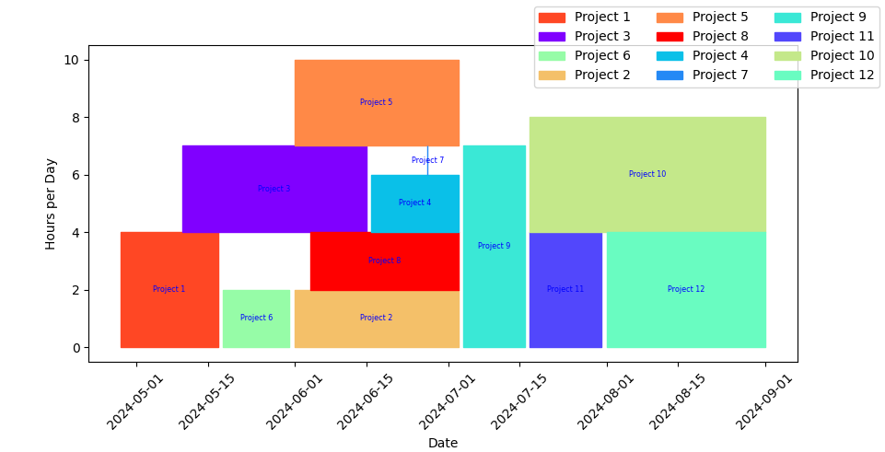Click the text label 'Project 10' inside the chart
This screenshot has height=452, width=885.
click(x=647, y=174)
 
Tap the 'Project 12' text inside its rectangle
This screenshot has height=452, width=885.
click(x=686, y=289)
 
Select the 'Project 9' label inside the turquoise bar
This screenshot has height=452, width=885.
click(x=494, y=246)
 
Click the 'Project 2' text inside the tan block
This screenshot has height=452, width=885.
click(x=376, y=318)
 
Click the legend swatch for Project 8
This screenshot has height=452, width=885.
click(x=670, y=37)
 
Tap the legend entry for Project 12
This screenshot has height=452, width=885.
click(x=820, y=75)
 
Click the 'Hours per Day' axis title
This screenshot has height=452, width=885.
click(x=51, y=203)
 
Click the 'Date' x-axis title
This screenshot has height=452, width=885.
click(x=443, y=443)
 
